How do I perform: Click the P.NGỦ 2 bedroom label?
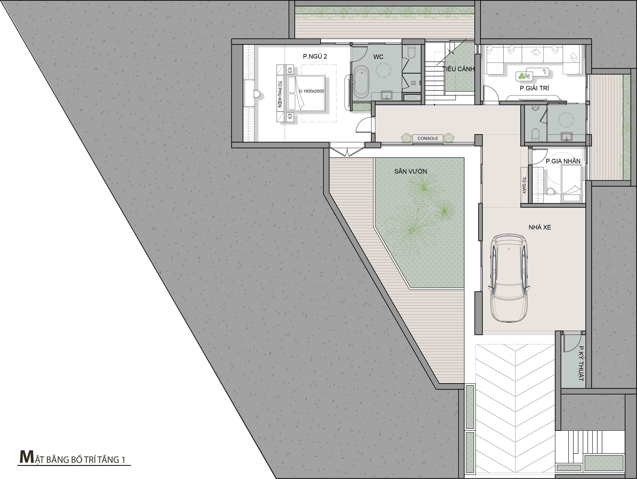click(315, 56)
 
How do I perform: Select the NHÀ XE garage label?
click(540, 227)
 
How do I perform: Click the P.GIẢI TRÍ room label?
click(534, 88)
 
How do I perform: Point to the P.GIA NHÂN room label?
click(563, 161)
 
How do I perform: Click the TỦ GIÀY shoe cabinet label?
click(524, 185)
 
